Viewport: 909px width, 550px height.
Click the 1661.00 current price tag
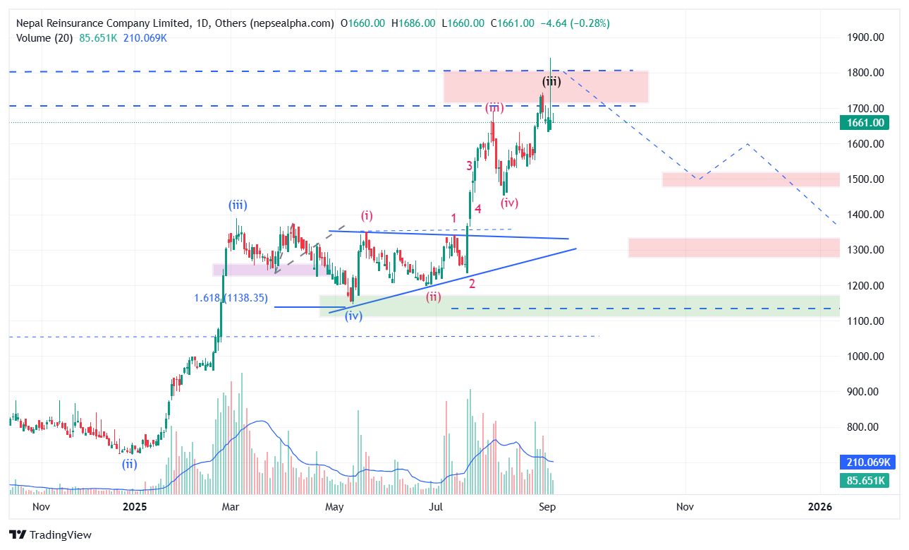click(x=864, y=123)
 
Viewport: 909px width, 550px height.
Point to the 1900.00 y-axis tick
click(x=865, y=37)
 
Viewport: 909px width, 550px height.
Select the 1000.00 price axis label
click(x=865, y=357)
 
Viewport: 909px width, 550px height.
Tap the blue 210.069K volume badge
click(x=868, y=462)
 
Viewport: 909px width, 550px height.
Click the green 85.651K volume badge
click(x=865, y=481)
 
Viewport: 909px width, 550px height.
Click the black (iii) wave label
click(x=551, y=82)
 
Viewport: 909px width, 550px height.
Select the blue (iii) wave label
click(x=238, y=205)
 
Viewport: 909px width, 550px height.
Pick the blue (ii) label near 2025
click(x=130, y=464)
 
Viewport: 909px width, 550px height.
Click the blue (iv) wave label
click(x=353, y=316)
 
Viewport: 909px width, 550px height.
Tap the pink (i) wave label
click(x=367, y=216)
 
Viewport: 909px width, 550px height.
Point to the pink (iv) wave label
click(x=509, y=203)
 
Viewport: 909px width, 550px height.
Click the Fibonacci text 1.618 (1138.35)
click(x=231, y=298)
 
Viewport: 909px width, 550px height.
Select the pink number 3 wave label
click(x=469, y=166)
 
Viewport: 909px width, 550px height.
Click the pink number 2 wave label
click(x=472, y=284)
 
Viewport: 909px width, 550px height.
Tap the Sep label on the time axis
click(x=547, y=507)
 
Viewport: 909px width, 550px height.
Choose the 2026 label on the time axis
click(x=819, y=507)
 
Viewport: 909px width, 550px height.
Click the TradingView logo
click(x=50, y=535)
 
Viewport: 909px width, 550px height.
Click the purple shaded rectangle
click(x=271, y=270)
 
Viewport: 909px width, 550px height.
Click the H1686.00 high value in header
click(x=413, y=23)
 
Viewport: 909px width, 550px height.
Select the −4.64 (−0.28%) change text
click(x=575, y=23)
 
